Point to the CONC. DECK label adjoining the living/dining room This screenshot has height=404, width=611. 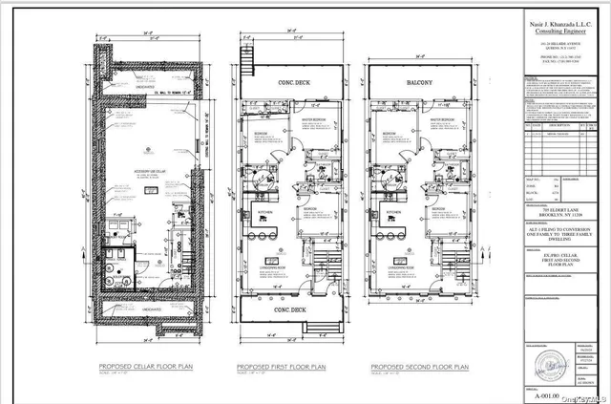pos(288,309)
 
